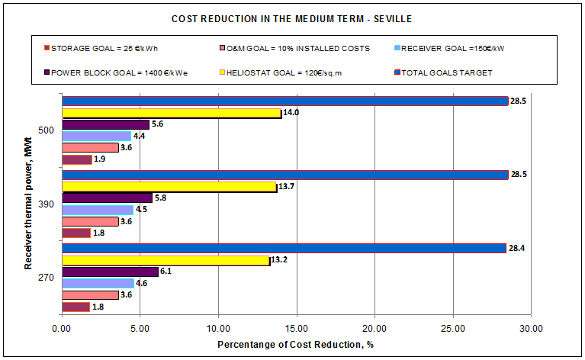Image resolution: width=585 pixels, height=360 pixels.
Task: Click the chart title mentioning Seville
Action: click(x=292, y=18)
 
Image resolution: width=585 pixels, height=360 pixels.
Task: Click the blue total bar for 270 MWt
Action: click(x=284, y=248)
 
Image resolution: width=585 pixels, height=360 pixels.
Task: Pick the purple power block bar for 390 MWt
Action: click(x=107, y=198)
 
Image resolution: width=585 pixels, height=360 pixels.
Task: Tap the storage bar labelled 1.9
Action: click(x=76, y=160)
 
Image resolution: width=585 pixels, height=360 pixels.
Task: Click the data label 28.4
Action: click(x=519, y=248)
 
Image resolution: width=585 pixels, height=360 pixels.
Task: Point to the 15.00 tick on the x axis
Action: click(x=296, y=329)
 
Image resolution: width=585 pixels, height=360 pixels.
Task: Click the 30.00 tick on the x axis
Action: click(x=531, y=329)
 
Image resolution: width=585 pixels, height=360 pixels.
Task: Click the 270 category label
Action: click(x=47, y=277)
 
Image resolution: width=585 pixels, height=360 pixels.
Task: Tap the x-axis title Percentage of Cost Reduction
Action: click(x=295, y=344)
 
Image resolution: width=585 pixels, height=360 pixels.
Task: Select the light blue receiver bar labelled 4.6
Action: click(x=98, y=283)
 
